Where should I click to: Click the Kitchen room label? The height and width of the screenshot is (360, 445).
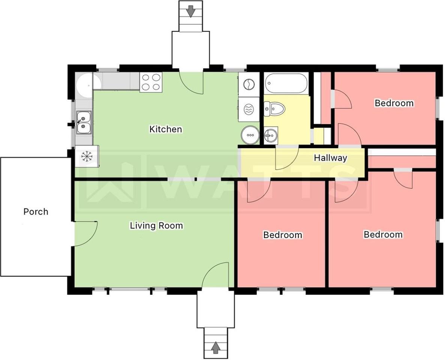(x=165, y=129)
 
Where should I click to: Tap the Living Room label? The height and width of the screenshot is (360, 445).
(x=156, y=226)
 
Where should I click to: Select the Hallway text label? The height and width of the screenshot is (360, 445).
(x=330, y=158)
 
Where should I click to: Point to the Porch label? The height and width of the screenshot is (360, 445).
(x=36, y=211)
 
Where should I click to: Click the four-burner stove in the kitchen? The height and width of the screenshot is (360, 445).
(x=151, y=82)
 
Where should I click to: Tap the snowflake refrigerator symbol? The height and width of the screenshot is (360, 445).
(x=87, y=156)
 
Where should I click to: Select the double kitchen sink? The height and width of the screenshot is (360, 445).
(x=83, y=122)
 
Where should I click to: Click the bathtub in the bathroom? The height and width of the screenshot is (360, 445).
(x=286, y=83)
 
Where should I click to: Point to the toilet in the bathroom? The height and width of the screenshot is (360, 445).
(x=274, y=108)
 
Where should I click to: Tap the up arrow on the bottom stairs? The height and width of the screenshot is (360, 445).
(x=216, y=347)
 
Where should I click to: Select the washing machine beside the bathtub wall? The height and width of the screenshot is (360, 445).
(x=248, y=84)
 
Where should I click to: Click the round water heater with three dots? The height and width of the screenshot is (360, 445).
(x=250, y=135)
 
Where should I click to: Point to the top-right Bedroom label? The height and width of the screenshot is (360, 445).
(x=394, y=103)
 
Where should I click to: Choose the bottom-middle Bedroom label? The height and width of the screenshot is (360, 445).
(x=283, y=235)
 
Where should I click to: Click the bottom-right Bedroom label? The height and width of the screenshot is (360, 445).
(x=383, y=235)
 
